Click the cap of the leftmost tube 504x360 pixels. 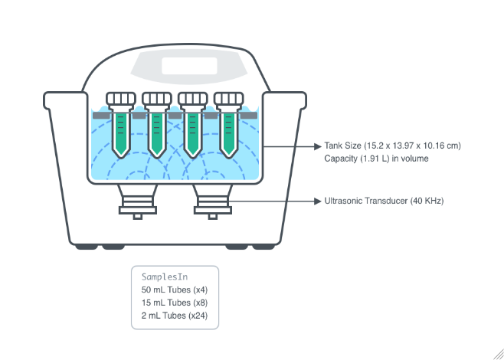click(x=121, y=99)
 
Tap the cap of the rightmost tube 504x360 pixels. click(x=229, y=99)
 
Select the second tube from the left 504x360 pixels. click(x=157, y=130)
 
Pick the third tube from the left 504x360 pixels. click(x=193, y=130)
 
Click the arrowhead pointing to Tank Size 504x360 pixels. click(x=318, y=146)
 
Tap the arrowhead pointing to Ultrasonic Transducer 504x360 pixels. click(x=318, y=201)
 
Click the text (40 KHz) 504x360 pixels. click(x=425, y=201)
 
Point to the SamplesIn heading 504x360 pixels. click(x=165, y=277)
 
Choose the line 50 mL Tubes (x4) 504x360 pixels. click(x=175, y=290)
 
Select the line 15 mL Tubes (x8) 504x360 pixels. click(x=175, y=303)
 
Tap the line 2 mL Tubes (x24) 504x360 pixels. click(x=175, y=316)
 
